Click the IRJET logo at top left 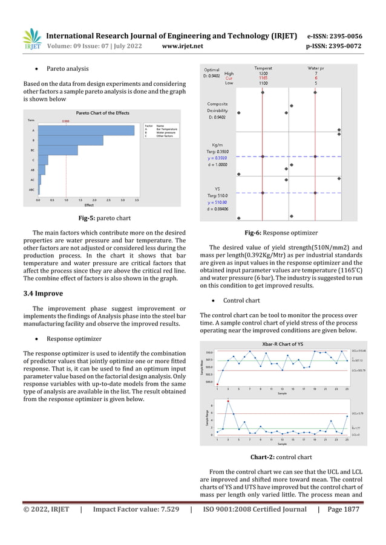[x=31, y=39]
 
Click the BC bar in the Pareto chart [x=58, y=150]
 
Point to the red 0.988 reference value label [x=66, y=121]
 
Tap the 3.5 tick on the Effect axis [x=137, y=199]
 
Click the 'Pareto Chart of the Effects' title [x=102, y=113]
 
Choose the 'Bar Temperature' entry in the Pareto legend [x=166, y=129]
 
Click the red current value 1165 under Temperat [x=262, y=78]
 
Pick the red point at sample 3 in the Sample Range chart [x=228, y=401]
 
